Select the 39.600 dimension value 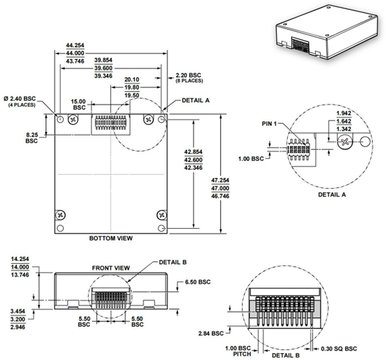[104, 69]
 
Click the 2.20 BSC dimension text [189, 76]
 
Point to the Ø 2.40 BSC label [23, 99]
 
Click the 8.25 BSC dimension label [32, 137]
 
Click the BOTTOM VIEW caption [111, 238]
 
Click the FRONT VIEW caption [110, 268]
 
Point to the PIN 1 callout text [272, 125]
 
